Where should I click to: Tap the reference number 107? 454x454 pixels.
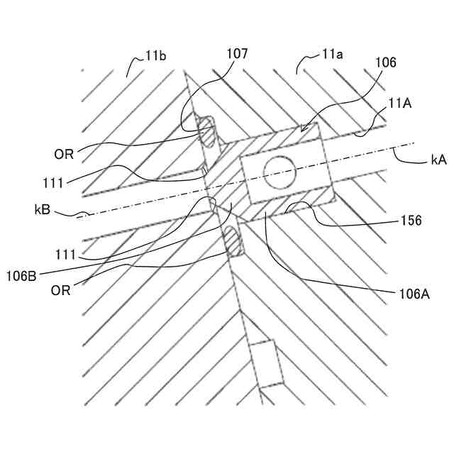(x=238, y=53)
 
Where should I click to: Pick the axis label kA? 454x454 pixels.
(x=438, y=161)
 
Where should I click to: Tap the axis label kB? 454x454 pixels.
(x=42, y=211)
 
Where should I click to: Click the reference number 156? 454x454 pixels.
(x=410, y=221)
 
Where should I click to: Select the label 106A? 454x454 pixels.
(x=411, y=291)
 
